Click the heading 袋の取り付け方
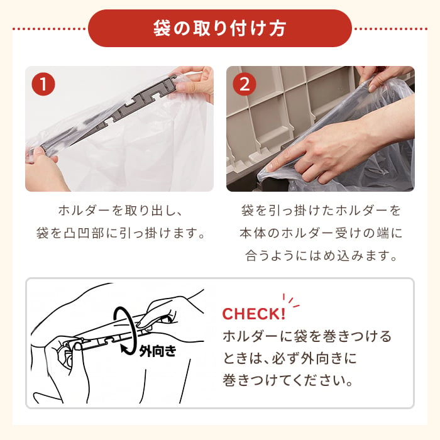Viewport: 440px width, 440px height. tap(220, 28)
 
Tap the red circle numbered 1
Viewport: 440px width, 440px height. tap(43, 84)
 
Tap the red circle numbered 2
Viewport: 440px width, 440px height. tap(245, 84)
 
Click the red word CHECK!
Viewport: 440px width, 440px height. tap(254, 314)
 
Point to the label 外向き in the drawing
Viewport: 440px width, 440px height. tap(158, 351)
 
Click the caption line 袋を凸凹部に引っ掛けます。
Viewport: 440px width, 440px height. tap(121, 233)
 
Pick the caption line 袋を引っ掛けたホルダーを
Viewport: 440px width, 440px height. tap(321, 211)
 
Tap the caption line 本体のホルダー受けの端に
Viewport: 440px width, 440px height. tap(321, 233)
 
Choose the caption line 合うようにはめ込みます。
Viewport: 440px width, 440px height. tap(321, 255)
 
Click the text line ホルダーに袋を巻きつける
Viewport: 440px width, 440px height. tap(307, 336)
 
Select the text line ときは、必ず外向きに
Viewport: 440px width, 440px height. tap(290, 358)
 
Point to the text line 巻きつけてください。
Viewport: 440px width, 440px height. tap(288, 380)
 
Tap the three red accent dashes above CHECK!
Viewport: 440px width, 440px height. tap(291, 301)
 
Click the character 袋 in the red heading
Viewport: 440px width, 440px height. tap(162, 28)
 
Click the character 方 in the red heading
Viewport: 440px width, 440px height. tap(278, 28)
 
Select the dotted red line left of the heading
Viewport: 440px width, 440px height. tap(50, 29)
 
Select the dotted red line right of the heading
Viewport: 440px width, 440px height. tap(390, 29)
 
